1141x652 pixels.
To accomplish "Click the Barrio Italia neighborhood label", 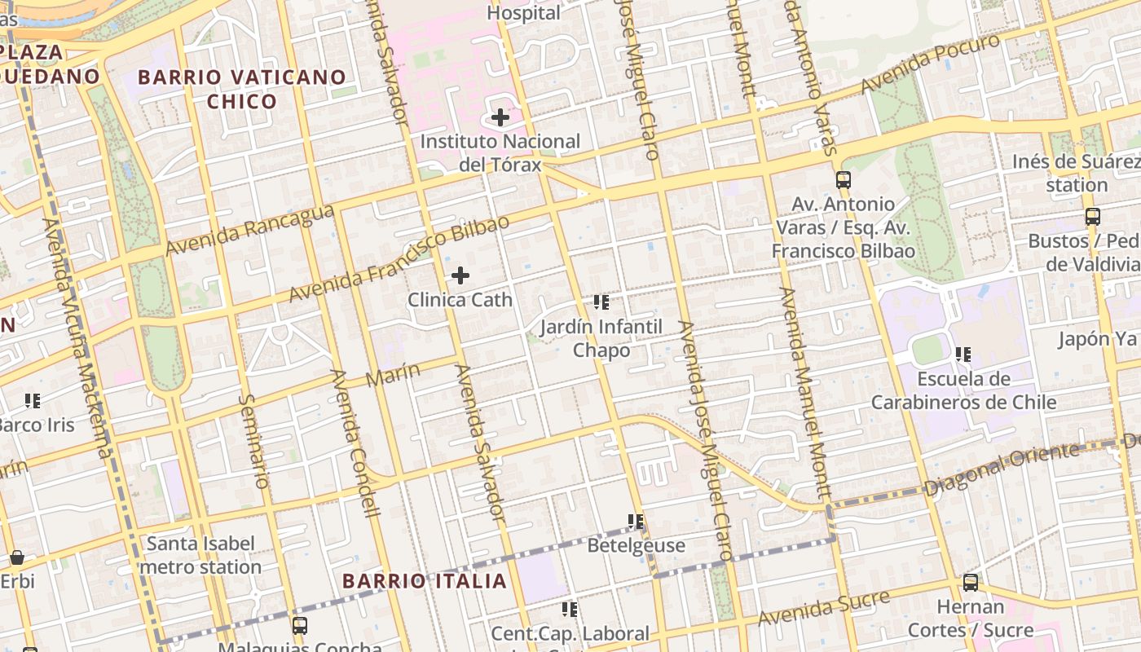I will point(425,581).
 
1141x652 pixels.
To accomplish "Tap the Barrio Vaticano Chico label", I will point(242,89).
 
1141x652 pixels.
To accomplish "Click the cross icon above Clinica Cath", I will point(460,275).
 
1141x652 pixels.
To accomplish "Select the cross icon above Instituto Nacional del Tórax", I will point(500,117).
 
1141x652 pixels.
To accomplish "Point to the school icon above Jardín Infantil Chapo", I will point(601,302).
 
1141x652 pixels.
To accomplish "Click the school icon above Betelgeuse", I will point(636,521).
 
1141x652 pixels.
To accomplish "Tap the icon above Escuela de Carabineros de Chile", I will point(963,354).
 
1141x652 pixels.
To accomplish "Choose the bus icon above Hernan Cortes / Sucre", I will point(970,583).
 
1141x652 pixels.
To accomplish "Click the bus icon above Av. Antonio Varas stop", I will point(844,180).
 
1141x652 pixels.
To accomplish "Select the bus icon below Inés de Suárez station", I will point(1093,217).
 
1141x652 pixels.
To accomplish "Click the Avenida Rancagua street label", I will point(250,230).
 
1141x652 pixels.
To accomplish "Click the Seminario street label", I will point(255,441).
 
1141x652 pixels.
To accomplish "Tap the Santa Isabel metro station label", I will point(200,555).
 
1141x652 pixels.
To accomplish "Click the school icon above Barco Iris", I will point(33,400).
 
